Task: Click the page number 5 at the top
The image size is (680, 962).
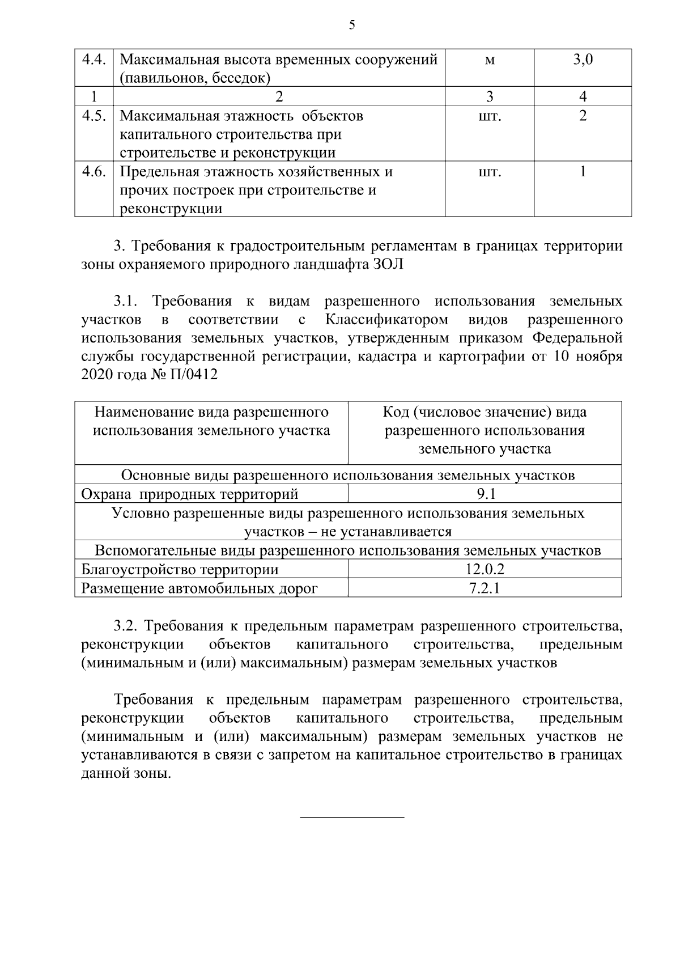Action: point(352,24)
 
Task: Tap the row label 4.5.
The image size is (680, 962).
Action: point(94,116)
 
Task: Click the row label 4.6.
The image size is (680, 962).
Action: point(94,171)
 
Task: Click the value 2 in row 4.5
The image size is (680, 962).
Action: point(583,116)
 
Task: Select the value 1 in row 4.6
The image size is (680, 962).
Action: point(583,171)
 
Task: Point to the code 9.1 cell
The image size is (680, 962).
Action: point(486,494)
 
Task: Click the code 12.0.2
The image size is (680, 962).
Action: point(484,569)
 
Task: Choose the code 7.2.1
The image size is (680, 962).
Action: point(484,588)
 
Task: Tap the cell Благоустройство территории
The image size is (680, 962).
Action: point(180,569)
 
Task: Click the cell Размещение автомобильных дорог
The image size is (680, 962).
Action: point(199,588)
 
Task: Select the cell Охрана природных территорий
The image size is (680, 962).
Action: point(190,494)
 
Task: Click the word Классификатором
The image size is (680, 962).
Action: point(386,319)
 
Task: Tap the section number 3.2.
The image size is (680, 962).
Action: point(126,626)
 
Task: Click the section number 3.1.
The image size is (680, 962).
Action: point(126,300)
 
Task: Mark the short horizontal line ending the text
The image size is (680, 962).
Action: point(351,817)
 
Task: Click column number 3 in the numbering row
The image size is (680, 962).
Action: point(490,96)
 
